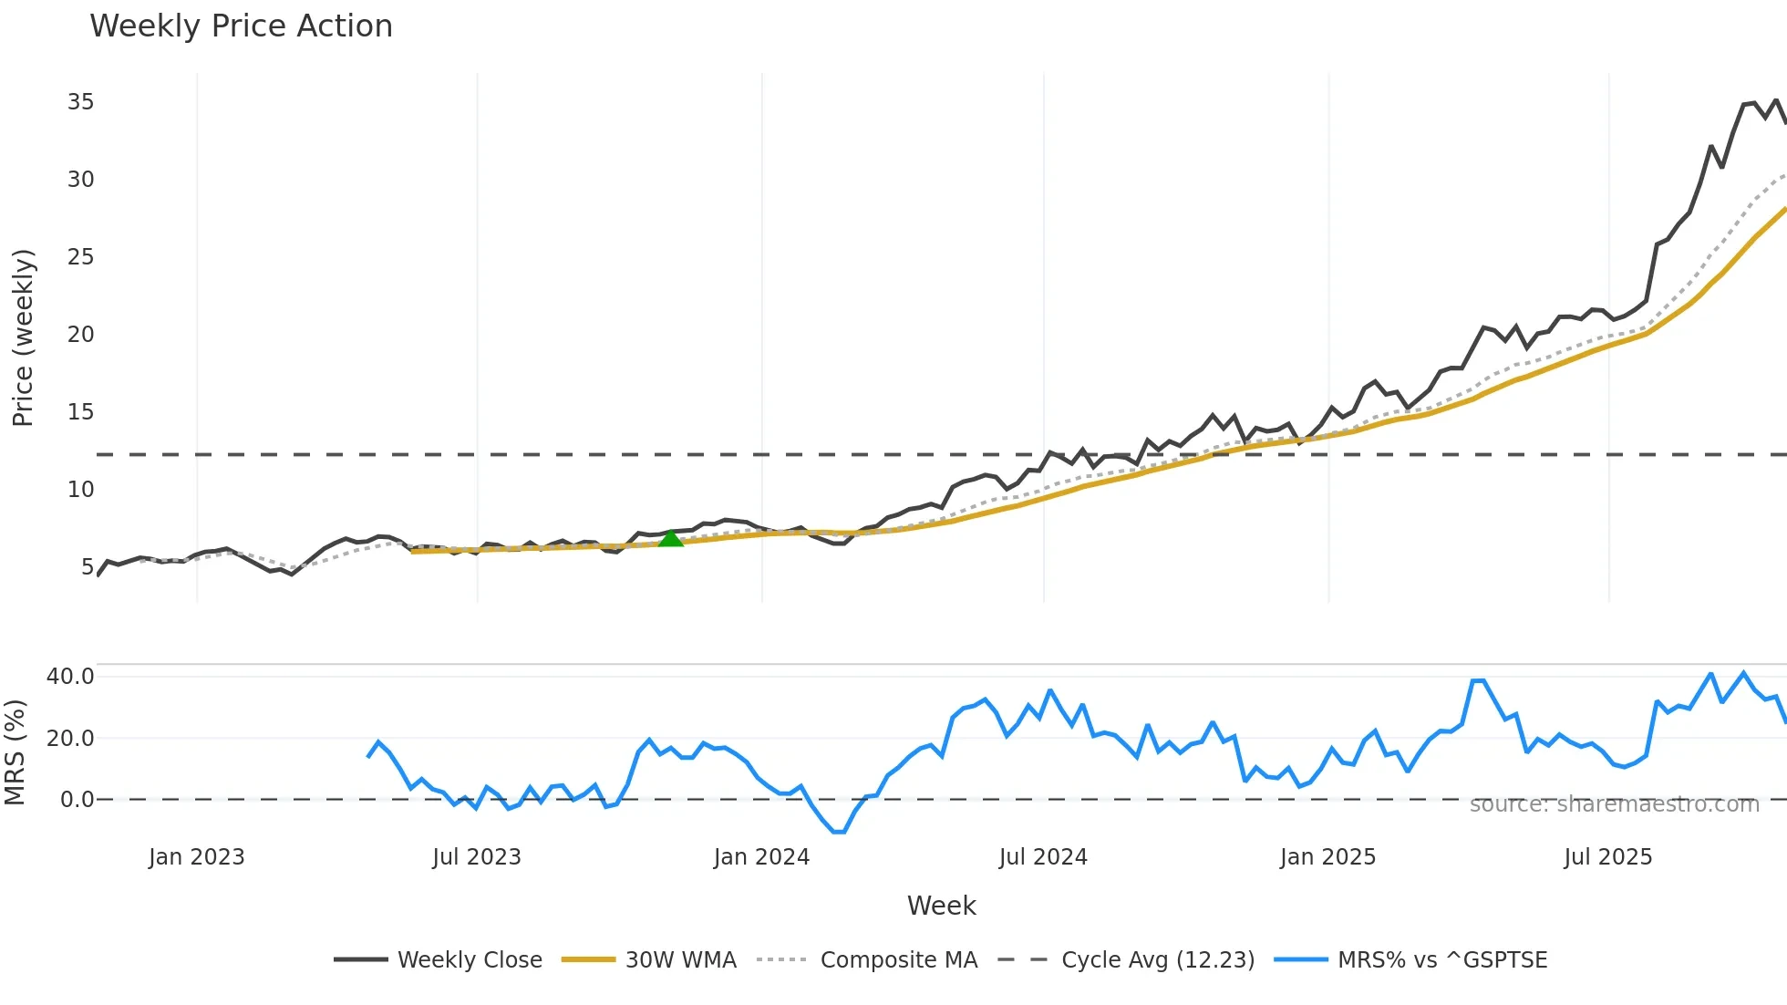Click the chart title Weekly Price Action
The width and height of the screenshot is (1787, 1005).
coord(241,26)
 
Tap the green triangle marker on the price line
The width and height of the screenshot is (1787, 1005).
coord(671,539)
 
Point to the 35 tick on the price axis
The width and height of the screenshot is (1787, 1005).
coord(80,102)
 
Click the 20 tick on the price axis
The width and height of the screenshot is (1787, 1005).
coord(80,335)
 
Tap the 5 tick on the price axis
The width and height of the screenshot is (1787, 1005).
coord(88,567)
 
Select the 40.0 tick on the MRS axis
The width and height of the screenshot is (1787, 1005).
coord(70,677)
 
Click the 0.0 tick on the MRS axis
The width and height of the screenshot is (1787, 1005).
coord(77,800)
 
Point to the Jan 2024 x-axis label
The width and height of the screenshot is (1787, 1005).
coord(761,857)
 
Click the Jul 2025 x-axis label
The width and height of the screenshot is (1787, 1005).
coord(1607,857)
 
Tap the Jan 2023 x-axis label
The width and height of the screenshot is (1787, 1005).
coord(196,857)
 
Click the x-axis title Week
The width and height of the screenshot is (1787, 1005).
coord(941,906)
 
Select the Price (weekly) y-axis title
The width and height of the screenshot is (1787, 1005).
coord(23,337)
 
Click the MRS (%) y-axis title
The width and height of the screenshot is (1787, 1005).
coord(15,752)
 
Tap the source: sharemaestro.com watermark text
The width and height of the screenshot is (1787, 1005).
coord(1614,804)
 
